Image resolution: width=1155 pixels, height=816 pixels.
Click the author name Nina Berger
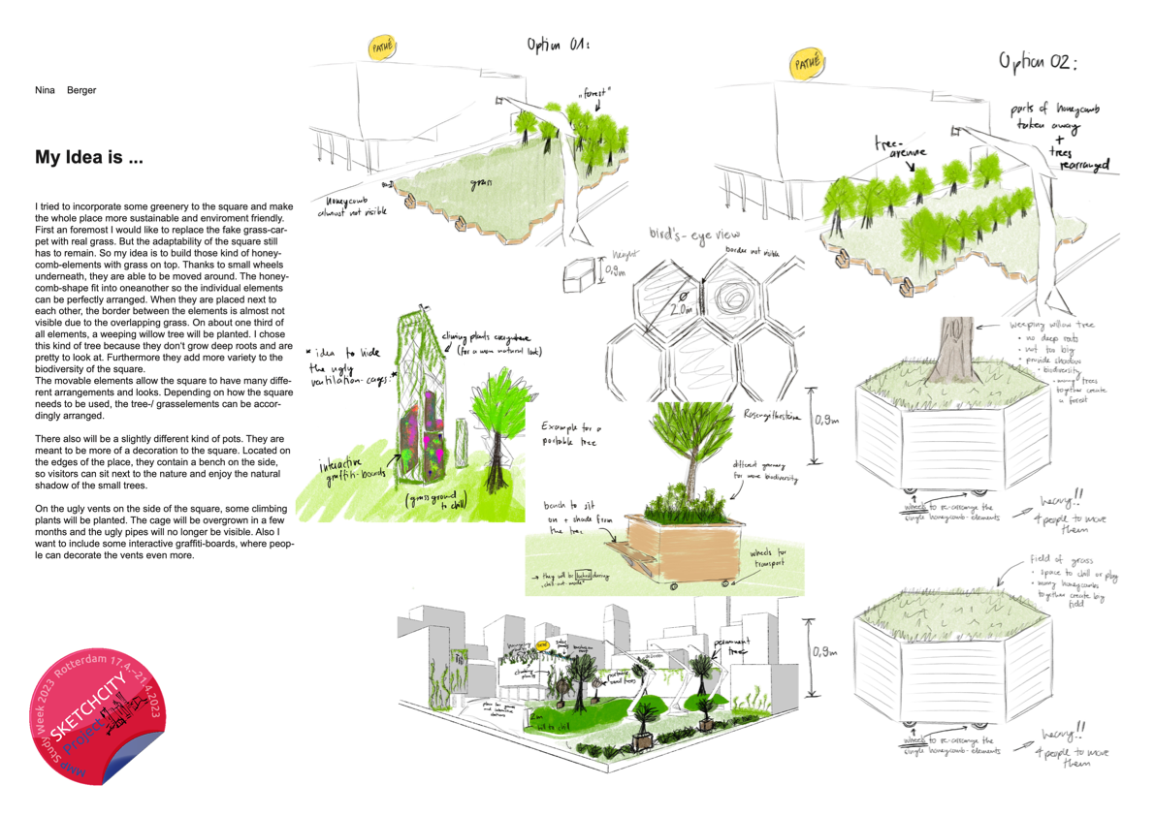click(65, 90)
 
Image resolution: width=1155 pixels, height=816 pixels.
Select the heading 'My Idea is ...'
click(89, 156)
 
